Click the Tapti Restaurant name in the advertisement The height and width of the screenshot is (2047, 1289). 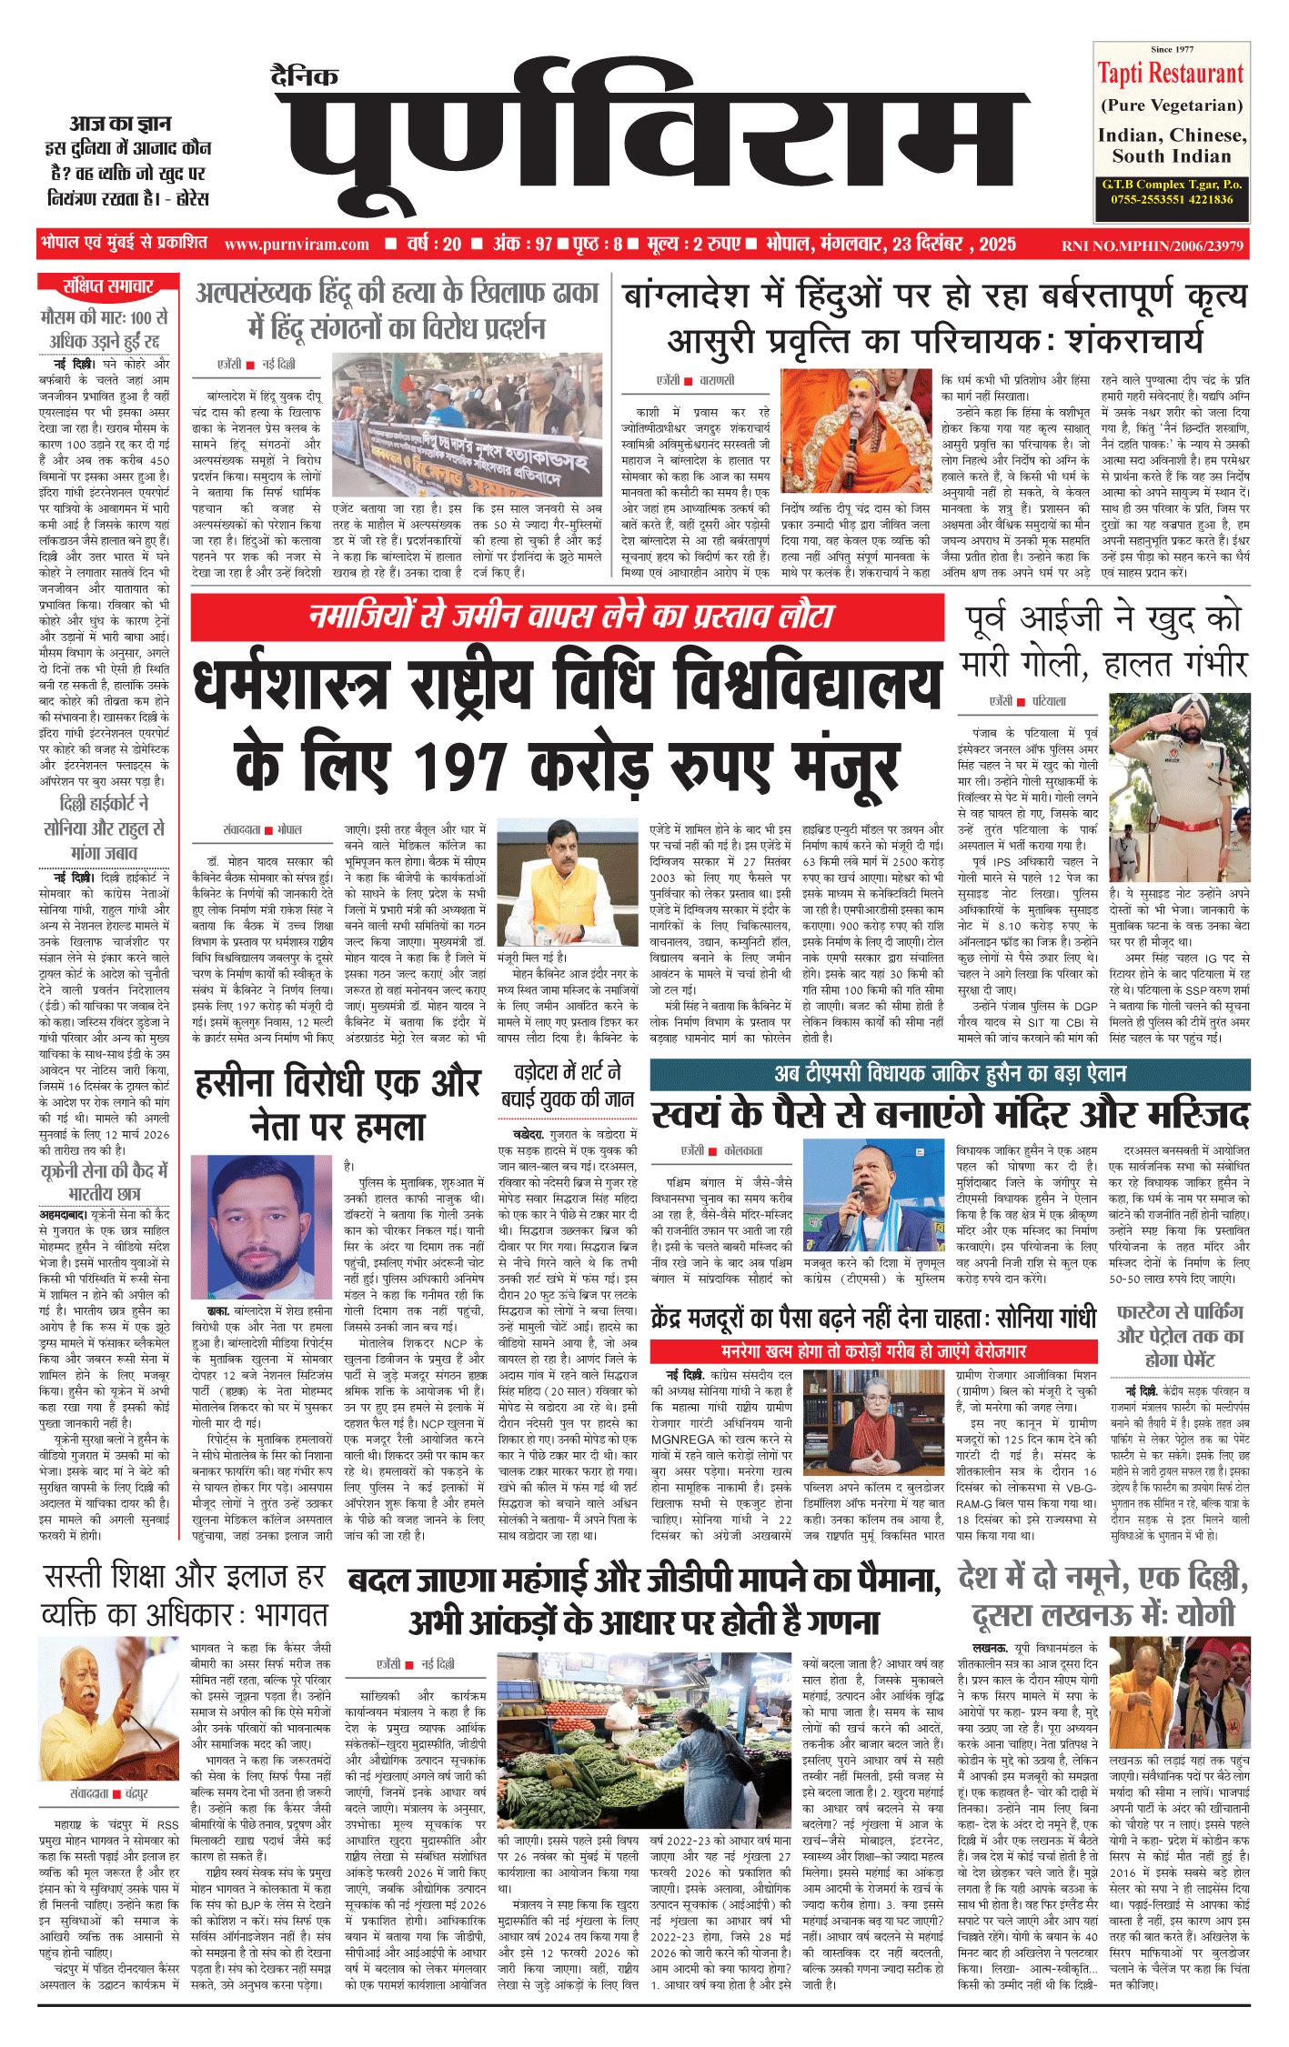click(x=1170, y=74)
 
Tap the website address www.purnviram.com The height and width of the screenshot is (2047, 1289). click(x=297, y=245)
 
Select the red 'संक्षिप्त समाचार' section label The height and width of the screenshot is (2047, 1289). click(x=107, y=286)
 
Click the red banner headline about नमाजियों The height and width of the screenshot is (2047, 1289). click(x=569, y=617)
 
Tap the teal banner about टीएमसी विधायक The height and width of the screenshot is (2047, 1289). click(x=949, y=1074)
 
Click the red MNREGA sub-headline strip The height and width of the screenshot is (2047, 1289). click(x=873, y=1351)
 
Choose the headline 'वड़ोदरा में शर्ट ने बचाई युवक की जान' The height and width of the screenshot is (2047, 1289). click(x=568, y=1086)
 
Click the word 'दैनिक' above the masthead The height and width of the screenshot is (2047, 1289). click(x=304, y=76)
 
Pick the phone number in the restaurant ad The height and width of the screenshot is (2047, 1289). click(x=1171, y=199)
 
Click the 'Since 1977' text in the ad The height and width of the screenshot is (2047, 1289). click(x=1172, y=49)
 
